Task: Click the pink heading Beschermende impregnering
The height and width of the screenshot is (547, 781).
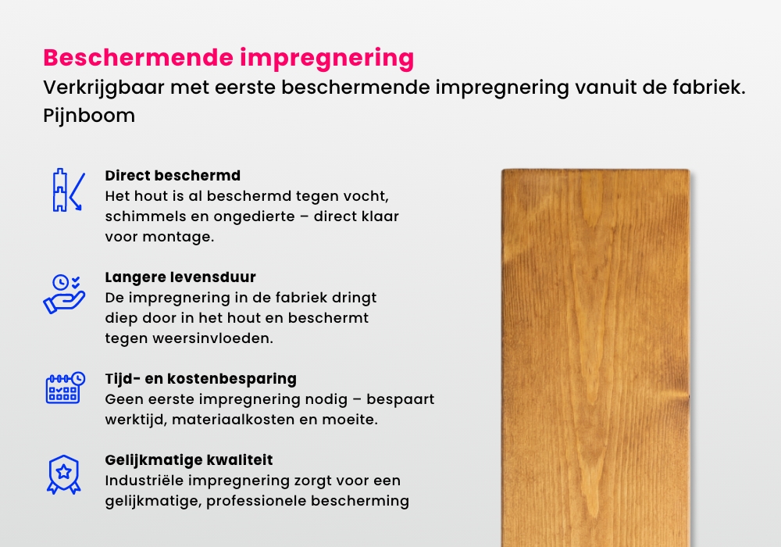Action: click(x=228, y=59)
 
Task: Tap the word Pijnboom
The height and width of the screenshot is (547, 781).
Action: click(x=89, y=116)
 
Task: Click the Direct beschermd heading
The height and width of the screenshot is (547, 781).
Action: click(x=173, y=175)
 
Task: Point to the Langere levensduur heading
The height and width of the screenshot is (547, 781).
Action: click(x=180, y=277)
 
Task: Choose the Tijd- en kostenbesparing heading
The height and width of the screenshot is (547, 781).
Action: click(x=201, y=379)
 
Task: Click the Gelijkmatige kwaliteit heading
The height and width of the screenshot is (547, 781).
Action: click(x=189, y=460)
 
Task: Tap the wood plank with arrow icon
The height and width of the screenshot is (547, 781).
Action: click(x=66, y=190)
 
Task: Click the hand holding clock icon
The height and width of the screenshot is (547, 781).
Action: click(x=62, y=293)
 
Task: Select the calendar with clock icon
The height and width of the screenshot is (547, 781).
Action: click(x=62, y=388)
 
